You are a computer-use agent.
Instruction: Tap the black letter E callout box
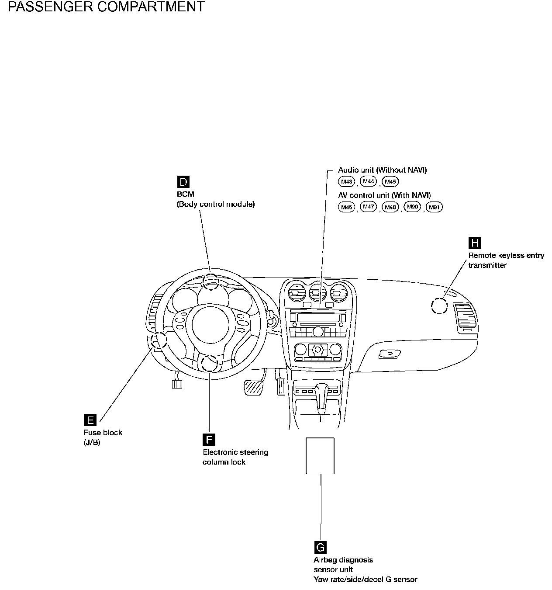pos(90,420)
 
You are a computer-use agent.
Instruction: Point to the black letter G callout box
pos(320,547)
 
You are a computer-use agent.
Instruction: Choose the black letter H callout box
pos(474,243)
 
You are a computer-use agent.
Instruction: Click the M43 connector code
pos(346,182)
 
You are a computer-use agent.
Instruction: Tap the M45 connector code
pos(390,182)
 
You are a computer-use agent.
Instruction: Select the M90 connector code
pos(412,207)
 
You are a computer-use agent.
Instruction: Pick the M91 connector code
pos(434,207)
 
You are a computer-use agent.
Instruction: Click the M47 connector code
pos(368,207)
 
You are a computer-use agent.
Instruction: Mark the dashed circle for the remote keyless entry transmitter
pos(439,305)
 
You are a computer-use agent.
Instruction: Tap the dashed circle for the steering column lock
pos(210,363)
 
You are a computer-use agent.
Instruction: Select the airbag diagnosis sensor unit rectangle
pos(320,455)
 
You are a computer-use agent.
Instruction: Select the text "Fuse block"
pos(103,433)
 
